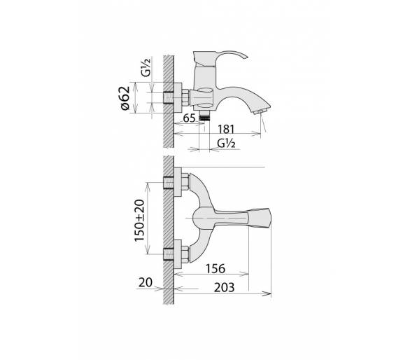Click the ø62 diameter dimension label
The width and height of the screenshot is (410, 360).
pyautogui.click(x=125, y=97)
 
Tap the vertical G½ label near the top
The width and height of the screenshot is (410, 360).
pyautogui.click(x=146, y=67)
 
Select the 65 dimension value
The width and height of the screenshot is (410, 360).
pyautogui.click(x=189, y=118)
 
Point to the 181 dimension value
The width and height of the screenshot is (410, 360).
pyautogui.click(x=226, y=129)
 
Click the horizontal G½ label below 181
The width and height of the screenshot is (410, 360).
pyautogui.click(x=226, y=144)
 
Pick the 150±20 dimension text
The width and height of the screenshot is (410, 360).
pyautogui.click(x=139, y=221)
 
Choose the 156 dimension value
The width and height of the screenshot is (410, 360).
pyautogui.click(x=215, y=269)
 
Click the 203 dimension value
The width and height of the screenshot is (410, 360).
pyautogui.click(x=224, y=287)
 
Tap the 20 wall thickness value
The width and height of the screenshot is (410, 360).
pyautogui.click(x=146, y=282)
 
